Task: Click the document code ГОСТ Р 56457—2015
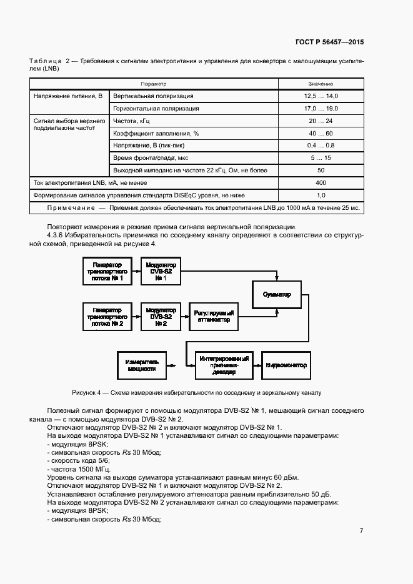(x=329, y=42)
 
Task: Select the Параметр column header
(x=154, y=84)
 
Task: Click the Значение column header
(x=321, y=84)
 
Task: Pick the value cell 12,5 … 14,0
(x=321, y=96)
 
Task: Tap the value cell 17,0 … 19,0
(x=321, y=108)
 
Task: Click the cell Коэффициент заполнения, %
(x=156, y=133)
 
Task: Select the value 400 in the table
(x=321, y=182)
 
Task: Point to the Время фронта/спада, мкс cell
(x=151, y=157)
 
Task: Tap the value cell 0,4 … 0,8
(x=321, y=145)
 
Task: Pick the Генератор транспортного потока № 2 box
(x=107, y=317)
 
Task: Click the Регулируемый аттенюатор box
(x=214, y=317)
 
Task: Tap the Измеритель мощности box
(x=142, y=365)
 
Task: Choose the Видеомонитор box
(x=286, y=365)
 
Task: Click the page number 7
(x=361, y=531)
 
